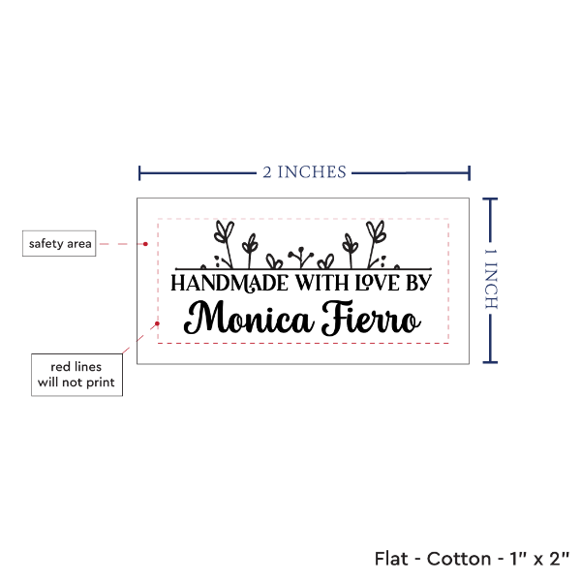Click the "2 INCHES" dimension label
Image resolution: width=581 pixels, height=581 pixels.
pyautogui.click(x=304, y=172)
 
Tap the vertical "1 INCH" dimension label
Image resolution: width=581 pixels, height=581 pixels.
pyautogui.click(x=491, y=279)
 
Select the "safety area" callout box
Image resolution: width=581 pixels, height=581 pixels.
pyautogui.click(x=59, y=243)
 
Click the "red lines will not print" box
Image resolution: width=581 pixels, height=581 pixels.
pyautogui.click(x=76, y=375)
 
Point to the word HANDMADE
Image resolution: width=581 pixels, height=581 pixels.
pyautogui.click(x=229, y=284)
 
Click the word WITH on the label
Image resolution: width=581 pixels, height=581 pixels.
pyautogui.click(x=322, y=283)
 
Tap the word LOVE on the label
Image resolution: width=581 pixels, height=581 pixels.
pyautogui.click(x=378, y=283)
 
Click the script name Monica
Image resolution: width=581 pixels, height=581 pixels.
pyautogui.click(x=247, y=318)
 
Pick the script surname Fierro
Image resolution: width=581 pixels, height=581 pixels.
pyautogui.click(x=371, y=318)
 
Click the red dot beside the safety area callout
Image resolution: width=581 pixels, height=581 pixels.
pyautogui.click(x=145, y=244)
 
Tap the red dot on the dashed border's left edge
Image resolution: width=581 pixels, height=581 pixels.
pyautogui.click(x=157, y=323)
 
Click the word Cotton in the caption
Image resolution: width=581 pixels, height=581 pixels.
pyautogui.click(x=459, y=559)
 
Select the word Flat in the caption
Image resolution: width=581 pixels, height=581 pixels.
pyautogui.click(x=391, y=559)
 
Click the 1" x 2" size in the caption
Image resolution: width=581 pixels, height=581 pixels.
pyautogui.click(x=539, y=559)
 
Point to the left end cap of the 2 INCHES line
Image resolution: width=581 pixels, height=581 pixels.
pyautogui.click(x=139, y=173)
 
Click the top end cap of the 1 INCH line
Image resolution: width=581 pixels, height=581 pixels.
pyautogui.click(x=490, y=199)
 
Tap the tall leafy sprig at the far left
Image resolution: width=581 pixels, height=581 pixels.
pyautogui.click(x=225, y=243)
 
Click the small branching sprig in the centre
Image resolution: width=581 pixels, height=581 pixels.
pyautogui.click(x=301, y=258)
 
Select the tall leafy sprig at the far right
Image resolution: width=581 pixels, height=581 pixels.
pyautogui.click(x=376, y=243)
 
